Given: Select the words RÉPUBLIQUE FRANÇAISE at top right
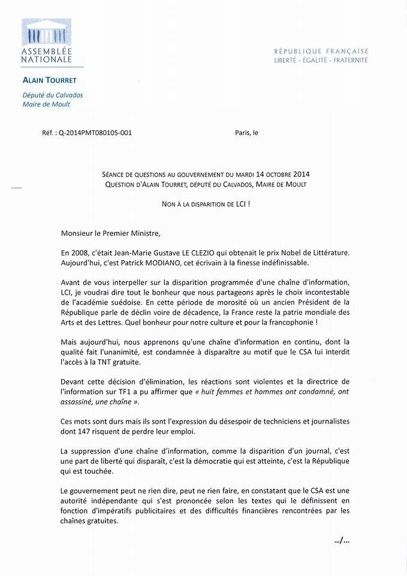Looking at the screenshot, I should pyautogui.click(x=321, y=51).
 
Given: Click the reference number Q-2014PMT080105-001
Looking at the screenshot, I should pyautogui.click(x=95, y=133).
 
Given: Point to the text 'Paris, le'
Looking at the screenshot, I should pyautogui.click(x=246, y=133).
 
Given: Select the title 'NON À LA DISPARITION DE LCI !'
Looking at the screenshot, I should pyautogui.click(x=205, y=204).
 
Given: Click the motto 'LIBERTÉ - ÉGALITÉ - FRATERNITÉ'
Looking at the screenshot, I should pyautogui.click(x=321, y=60).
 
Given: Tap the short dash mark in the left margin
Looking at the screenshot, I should pyautogui.click(x=16, y=188).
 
